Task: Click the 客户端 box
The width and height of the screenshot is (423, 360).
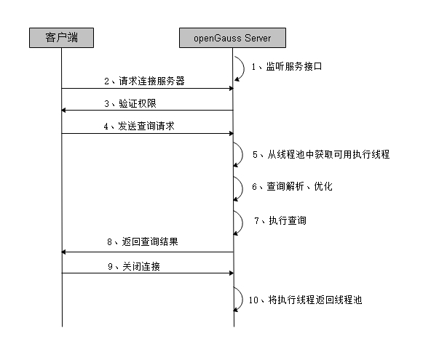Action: [62, 37]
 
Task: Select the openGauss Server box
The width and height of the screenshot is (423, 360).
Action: [233, 37]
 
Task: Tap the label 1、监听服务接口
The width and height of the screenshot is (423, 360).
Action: [286, 66]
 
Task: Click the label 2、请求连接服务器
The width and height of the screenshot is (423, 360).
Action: [143, 81]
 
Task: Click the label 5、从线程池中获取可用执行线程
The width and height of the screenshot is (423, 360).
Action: [321, 154]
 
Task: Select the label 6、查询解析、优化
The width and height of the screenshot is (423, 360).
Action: [292, 186]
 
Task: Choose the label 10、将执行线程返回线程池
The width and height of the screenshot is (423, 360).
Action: [306, 299]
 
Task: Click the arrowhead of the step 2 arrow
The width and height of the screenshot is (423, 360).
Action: [229, 89]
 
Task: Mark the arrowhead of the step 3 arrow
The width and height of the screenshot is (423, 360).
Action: [65, 111]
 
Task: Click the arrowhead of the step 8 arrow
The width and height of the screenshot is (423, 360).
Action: [65, 252]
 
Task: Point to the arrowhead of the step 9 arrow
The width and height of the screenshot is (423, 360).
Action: [229, 274]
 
